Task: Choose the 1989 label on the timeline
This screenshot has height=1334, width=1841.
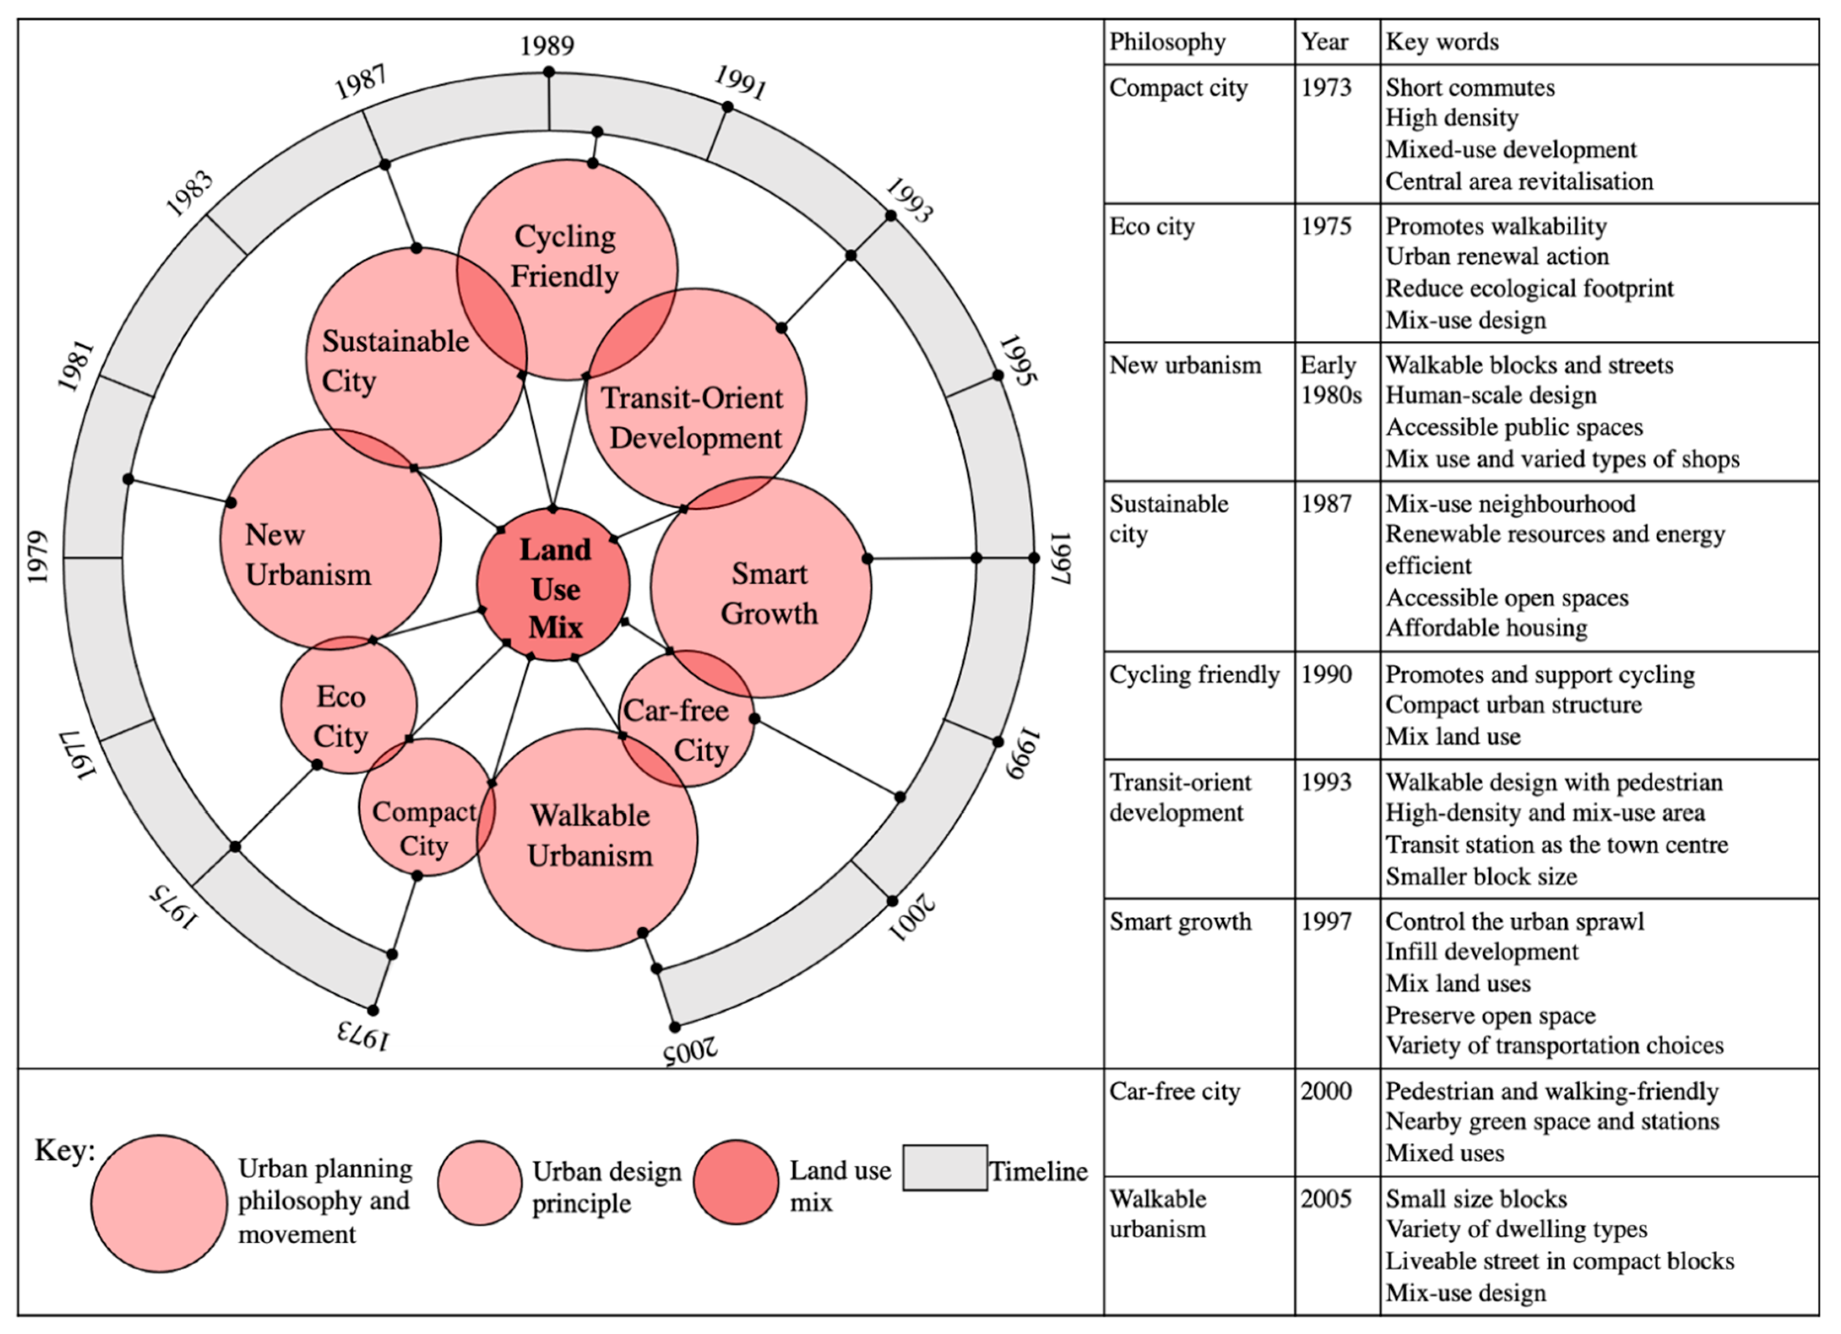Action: point(547,46)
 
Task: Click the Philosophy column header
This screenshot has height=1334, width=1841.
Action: point(1167,42)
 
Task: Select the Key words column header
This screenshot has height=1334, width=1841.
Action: point(1442,42)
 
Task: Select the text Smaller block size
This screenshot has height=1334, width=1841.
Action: point(1481,876)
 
